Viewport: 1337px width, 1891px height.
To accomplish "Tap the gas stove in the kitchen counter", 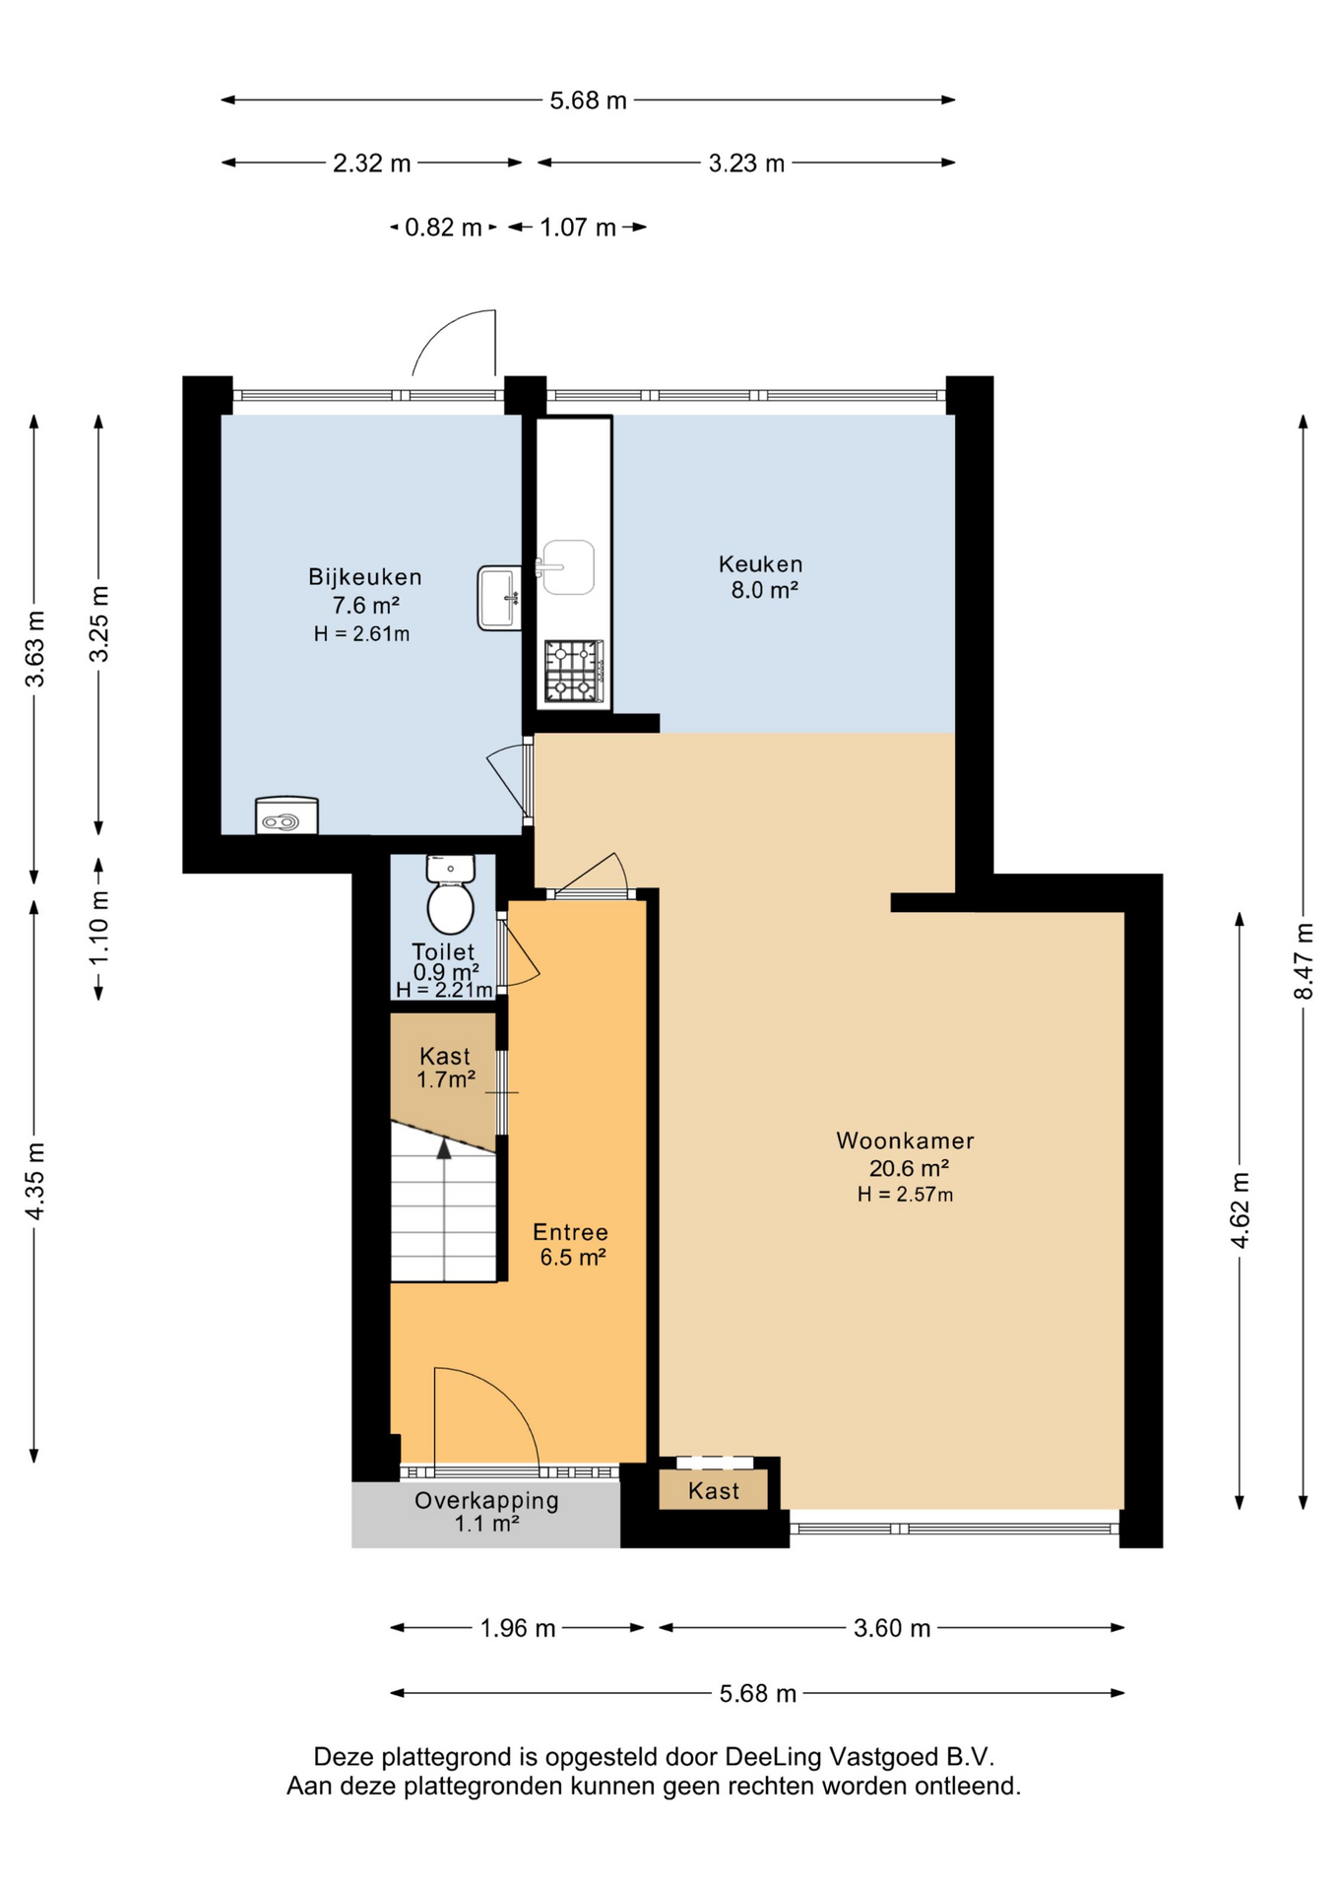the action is point(574,671).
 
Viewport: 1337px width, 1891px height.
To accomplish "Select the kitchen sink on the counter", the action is point(568,567).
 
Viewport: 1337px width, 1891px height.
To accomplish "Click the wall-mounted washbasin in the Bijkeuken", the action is point(500,598).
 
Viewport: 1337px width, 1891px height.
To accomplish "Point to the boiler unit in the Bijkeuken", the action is point(286,815).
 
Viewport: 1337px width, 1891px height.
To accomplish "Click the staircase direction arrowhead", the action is point(444,1148).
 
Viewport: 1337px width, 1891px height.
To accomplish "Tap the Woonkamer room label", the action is point(905,1141).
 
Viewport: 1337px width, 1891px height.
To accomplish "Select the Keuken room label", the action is point(760,564).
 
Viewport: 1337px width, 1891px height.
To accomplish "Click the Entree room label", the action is point(570,1232).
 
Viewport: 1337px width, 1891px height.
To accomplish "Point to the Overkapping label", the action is point(486,1501).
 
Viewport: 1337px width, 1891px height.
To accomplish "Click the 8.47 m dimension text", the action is point(1303,960).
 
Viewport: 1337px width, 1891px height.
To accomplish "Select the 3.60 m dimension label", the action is point(892,1628).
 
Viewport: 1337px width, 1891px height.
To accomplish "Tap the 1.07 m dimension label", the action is point(578,228).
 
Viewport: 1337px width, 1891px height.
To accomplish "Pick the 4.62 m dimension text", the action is point(1240,1210).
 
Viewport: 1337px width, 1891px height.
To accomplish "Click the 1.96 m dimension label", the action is point(518,1628).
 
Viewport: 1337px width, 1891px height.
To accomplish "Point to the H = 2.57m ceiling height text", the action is point(905,1195).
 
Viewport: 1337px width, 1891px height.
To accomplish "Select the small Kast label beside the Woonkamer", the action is point(714,1491).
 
